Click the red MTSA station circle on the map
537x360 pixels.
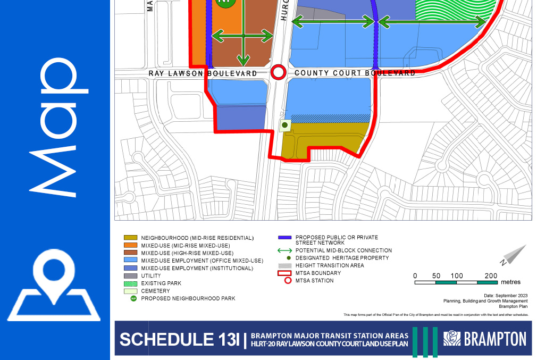point(278,72)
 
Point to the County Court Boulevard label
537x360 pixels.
point(355,73)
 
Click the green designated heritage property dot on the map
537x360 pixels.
point(284,125)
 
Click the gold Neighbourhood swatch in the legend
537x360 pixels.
point(130,238)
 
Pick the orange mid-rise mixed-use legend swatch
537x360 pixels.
point(130,245)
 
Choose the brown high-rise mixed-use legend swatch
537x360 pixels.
point(130,253)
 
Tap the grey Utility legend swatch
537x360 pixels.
point(130,276)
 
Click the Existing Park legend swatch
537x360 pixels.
point(130,283)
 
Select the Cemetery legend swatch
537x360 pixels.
point(130,291)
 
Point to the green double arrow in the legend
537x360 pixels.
point(285,250)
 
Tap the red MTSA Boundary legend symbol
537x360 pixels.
point(285,273)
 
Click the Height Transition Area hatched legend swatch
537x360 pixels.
point(285,265)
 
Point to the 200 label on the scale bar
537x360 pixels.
point(491,275)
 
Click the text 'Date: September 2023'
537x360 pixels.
point(505,295)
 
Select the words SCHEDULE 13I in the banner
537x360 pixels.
point(179,339)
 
